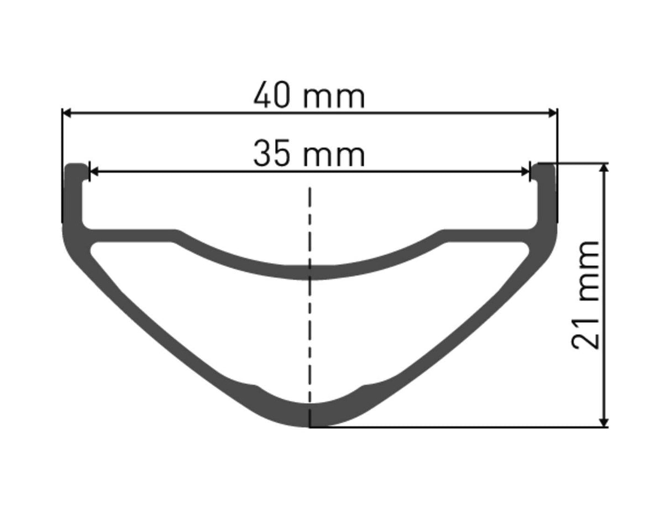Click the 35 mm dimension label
pyautogui.click(x=309, y=154)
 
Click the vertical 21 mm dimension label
pyautogui.click(x=584, y=294)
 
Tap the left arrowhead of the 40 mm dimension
pyautogui.click(x=67, y=113)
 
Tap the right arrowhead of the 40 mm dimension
pyautogui.click(x=553, y=113)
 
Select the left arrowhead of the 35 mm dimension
pyautogui.click(x=93, y=172)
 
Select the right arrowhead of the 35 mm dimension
pyautogui.click(x=526, y=172)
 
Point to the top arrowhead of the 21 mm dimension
pyautogui.click(x=604, y=169)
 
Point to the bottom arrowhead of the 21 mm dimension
pyautogui.click(x=604, y=422)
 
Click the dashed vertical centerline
pyautogui.click(x=310, y=307)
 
